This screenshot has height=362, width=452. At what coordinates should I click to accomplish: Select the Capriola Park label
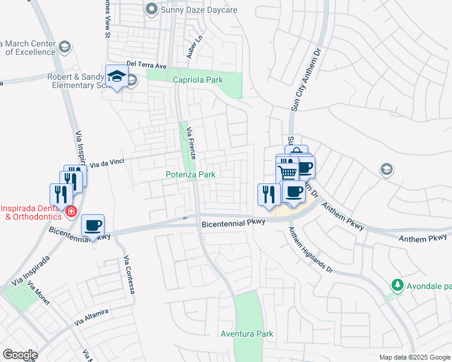198,80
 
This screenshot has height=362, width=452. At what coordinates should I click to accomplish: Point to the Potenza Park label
191,174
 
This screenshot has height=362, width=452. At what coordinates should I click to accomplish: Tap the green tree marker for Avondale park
397,284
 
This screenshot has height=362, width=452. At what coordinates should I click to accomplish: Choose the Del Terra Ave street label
146,65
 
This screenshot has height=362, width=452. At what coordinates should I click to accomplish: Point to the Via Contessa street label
129,275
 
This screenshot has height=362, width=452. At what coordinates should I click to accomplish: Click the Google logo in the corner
20,354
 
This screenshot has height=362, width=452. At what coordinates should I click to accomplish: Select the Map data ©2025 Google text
414,357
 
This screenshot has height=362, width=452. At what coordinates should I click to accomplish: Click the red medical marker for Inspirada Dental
71,211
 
